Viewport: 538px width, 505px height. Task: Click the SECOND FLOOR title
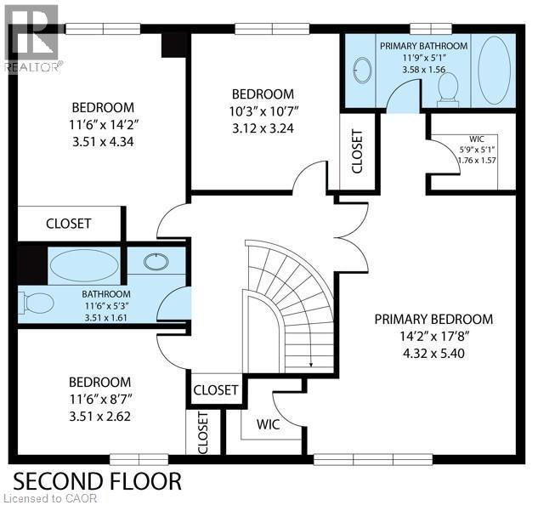96,480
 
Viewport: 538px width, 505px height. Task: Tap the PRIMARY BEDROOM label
433,320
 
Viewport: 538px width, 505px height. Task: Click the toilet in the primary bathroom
447,86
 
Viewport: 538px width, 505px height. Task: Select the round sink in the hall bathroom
156,261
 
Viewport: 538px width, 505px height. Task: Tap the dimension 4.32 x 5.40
433,354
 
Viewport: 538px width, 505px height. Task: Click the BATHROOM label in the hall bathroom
101,292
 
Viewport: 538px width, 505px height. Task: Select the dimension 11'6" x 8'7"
99,400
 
